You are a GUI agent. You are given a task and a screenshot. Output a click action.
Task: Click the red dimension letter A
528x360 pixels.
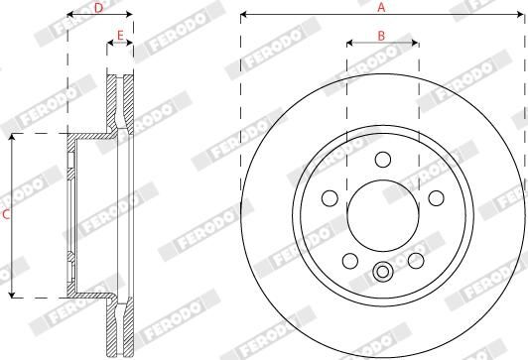coord(381,8)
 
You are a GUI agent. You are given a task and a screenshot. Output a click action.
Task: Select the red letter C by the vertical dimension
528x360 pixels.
coord(6,213)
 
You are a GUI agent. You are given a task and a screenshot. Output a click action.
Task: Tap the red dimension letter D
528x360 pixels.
coord(98,8)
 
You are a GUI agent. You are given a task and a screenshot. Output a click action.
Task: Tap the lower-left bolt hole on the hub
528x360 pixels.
coord(349,232)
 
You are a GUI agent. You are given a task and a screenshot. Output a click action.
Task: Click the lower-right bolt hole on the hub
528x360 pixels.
coord(415,232)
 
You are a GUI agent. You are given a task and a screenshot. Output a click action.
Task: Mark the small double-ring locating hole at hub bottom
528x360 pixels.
coord(382,244)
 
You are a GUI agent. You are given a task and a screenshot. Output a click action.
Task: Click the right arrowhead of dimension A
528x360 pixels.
coord(522,16)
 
